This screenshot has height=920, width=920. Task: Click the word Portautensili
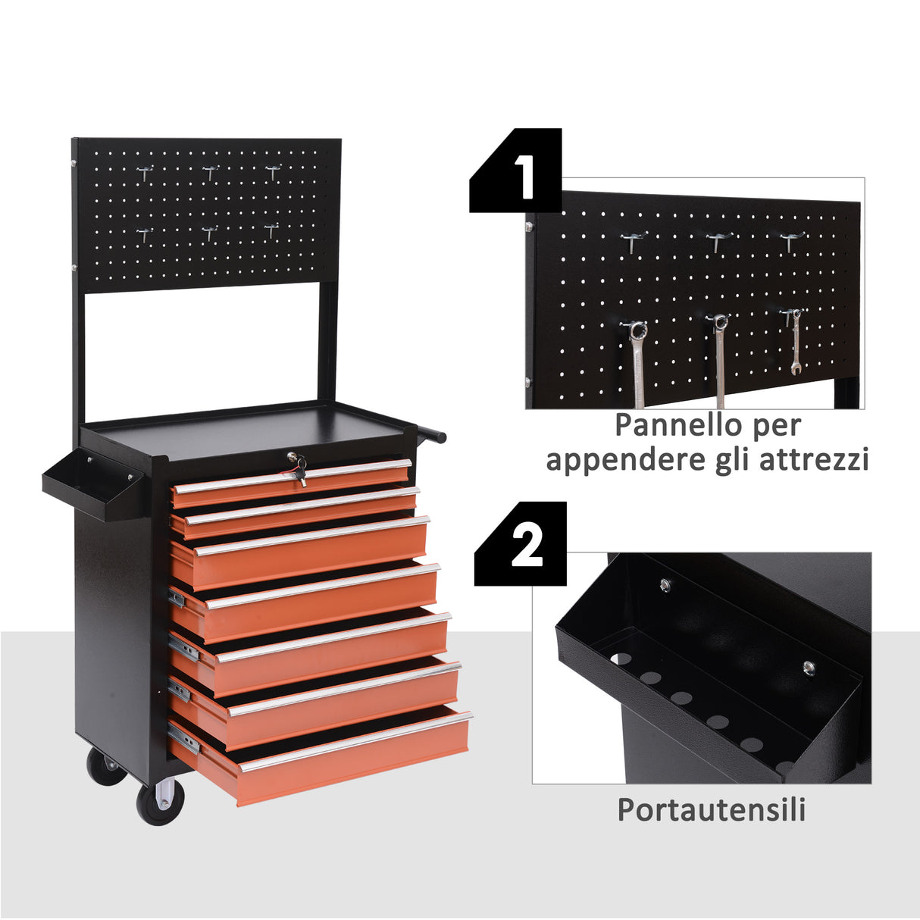coord(711,809)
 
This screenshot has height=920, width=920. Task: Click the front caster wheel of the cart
coord(159,802)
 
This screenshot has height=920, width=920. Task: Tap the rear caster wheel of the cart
coord(105,767)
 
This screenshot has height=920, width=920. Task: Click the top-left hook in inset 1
coord(634,242)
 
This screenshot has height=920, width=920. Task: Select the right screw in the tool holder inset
coord(809,667)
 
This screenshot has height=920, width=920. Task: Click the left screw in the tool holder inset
coord(665,584)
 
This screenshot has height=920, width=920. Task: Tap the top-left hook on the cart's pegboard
coord(146,173)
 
